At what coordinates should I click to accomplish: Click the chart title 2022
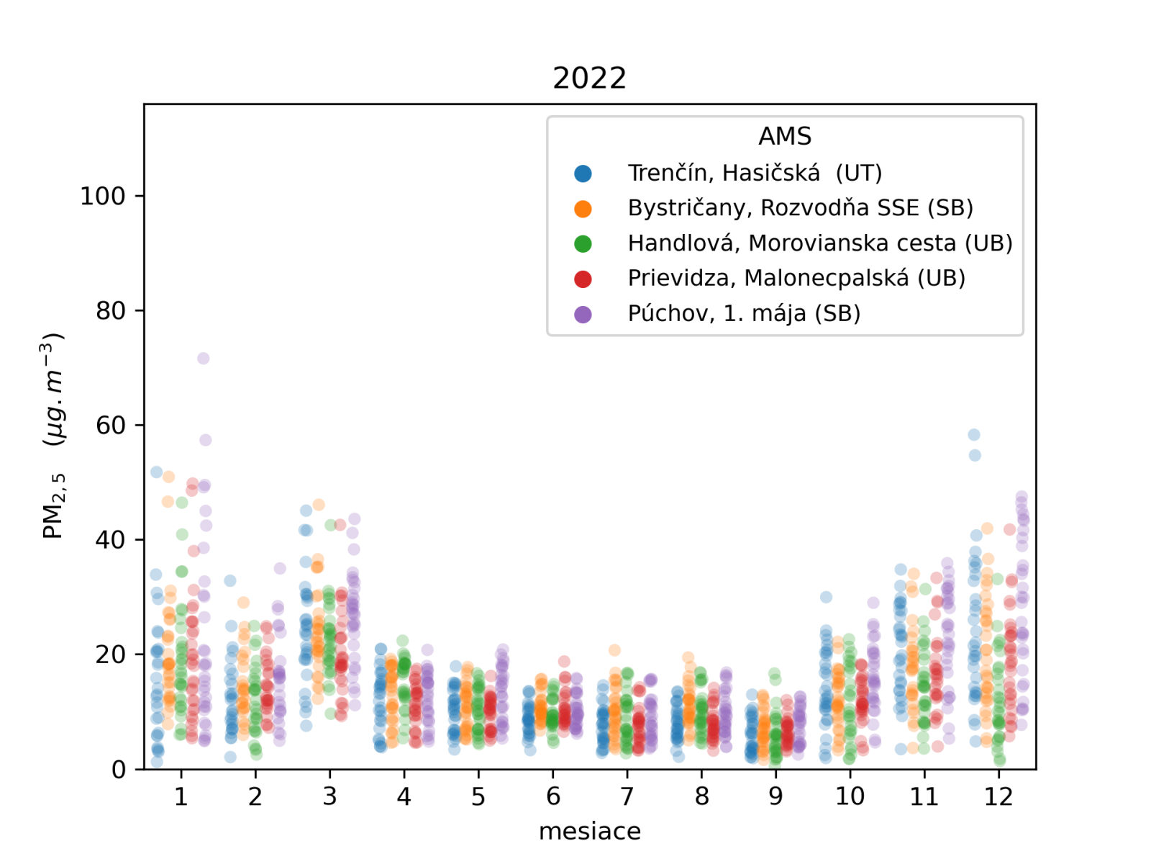pyautogui.click(x=589, y=78)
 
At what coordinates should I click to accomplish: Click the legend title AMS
pyautogui.click(x=785, y=136)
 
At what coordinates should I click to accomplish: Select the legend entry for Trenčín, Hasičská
pyautogui.click(x=754, y=173)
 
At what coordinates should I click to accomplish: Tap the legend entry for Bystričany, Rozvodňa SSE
pyautogui.click(x=800, y=208)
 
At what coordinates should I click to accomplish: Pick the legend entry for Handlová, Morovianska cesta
pyautogui.click(x=819, y=243)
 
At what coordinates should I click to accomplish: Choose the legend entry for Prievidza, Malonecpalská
pyautogui.click(x=796, y=278)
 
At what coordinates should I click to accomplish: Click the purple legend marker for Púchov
pyautogui.click(x=583, y=314)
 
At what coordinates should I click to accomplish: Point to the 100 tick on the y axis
pyautogui.click(x=102, y=196)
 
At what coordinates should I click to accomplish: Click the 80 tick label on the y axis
pyautogui.click(x=110, y=311)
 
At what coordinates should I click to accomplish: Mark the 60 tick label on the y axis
pyautogui.click(x=110, y=426)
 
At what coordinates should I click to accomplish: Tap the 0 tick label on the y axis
pyautogui.click(x=119, y=770)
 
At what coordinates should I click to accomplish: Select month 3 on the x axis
pyautogui.click(x=329, y=797)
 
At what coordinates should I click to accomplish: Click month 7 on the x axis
pyautogui.click(x=627, y=797)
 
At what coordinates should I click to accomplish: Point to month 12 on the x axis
pyautogui.click(x=998, y=797)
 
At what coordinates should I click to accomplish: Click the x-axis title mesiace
pyautogui.click(x=589, y=832)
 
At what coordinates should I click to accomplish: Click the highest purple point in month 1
pyautogui.click(x=204, y=359)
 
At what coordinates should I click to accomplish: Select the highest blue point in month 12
pyautogui.click(x=974, y=435)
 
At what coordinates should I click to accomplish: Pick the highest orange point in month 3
pyautogui.click(x=319, y=505)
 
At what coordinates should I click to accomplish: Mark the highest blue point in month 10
pyautogui.click(x=827, y=597)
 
